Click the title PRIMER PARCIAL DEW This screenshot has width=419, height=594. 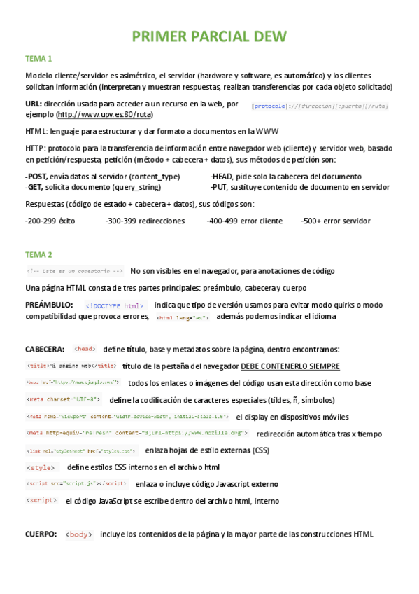[209, 36]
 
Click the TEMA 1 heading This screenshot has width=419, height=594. [38, 58]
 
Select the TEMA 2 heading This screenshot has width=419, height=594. [38, 254]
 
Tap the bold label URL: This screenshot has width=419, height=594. [33, 104]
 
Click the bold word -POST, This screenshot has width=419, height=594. [36, 177]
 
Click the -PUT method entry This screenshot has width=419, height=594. [220, 187]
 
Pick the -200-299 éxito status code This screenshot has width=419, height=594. [50, 221]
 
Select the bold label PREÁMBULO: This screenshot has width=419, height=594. [49, 305]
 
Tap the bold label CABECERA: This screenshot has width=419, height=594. [45, 349]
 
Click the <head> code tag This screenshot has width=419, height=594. [85, 349]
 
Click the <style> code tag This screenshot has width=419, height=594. [40, 467]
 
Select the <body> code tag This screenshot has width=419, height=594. [78, 534]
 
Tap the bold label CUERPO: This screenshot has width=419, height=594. [41, 534]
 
